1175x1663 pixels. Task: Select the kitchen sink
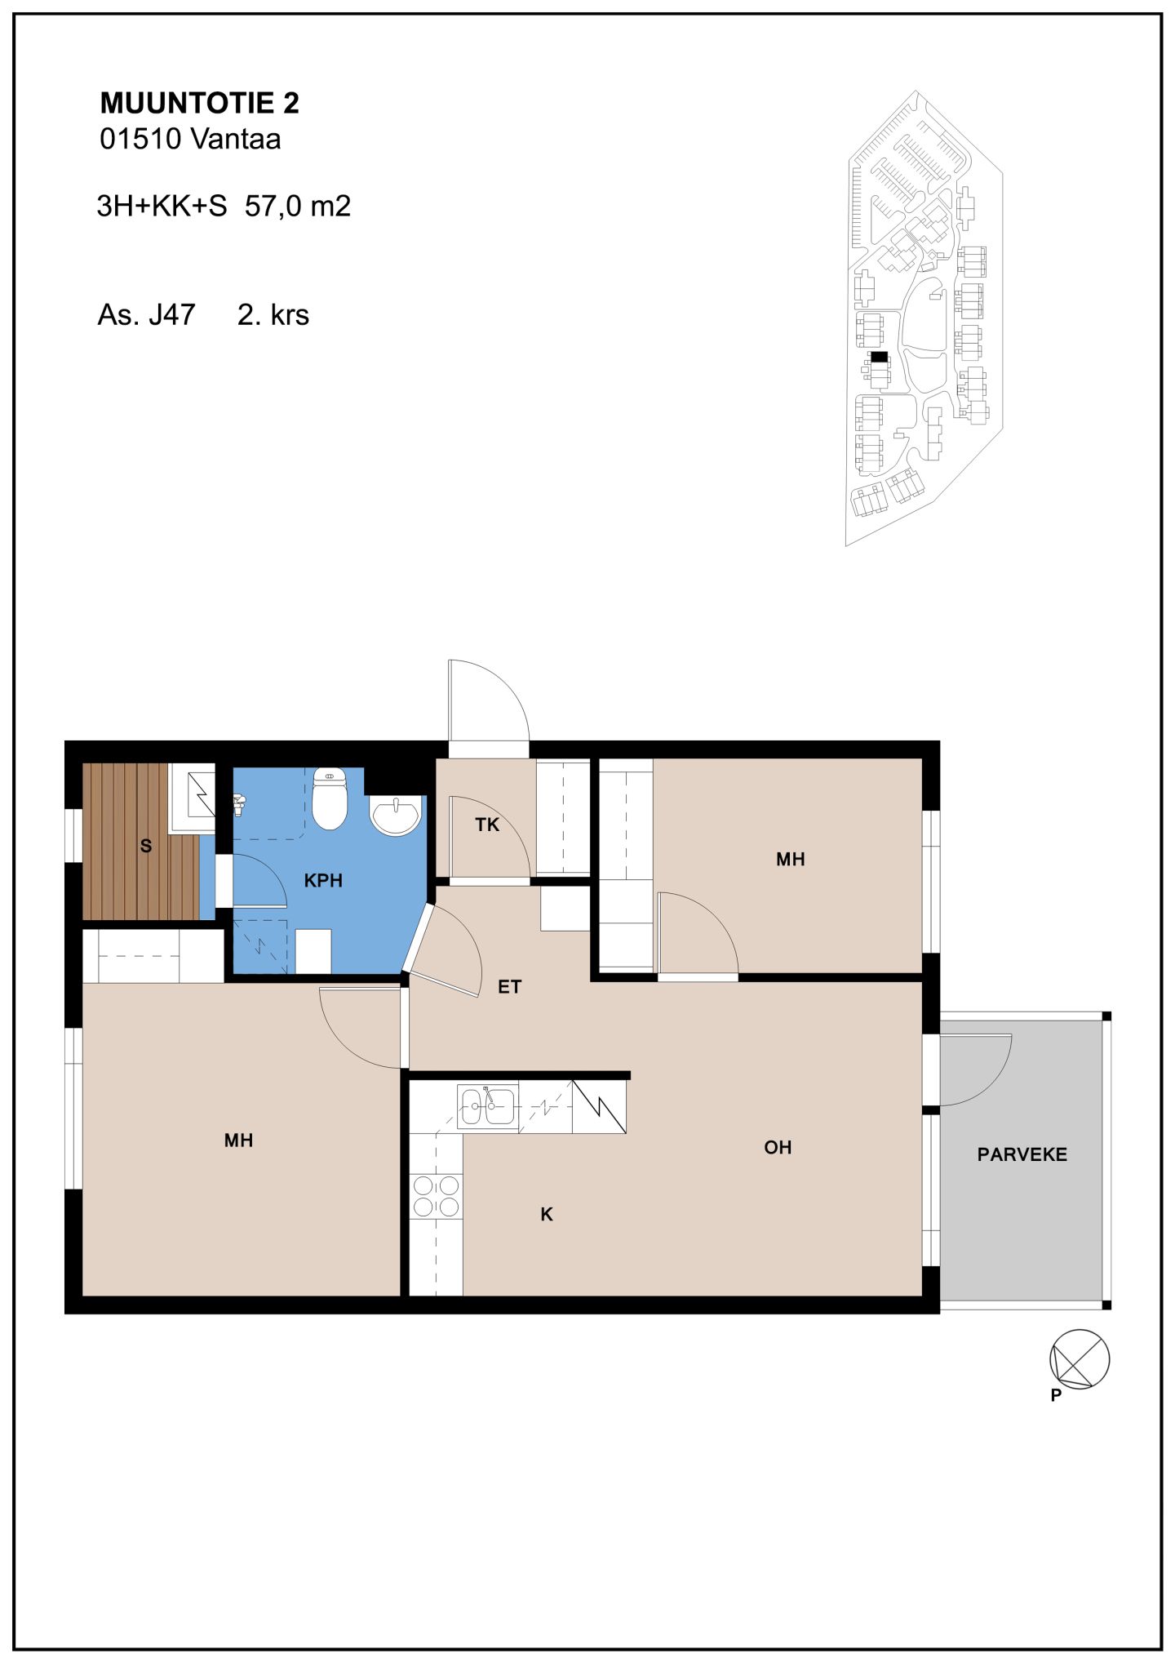click(487, 1107)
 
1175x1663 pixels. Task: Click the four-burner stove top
click(436, 1196)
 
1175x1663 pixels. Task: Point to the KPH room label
click(323, 881)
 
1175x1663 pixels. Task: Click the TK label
click(487, 825)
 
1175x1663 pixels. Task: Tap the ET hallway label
click(509, 987)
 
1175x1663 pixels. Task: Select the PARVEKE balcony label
click(1022, 1154)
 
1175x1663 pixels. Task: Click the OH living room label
click(778, 1147)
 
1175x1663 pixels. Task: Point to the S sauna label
click(146, 846)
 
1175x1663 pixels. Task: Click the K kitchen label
click(547, 1215)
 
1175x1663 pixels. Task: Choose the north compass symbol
click(1079, 1359)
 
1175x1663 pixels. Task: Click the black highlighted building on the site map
click(879, 357)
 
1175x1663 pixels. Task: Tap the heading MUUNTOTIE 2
click(200, 103)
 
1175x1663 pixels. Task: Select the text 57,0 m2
click(298, 206)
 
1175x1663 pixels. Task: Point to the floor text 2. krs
click(273, 315)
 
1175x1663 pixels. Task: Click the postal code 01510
click(140, 139)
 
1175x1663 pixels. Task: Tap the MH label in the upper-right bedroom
click(791, 859)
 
